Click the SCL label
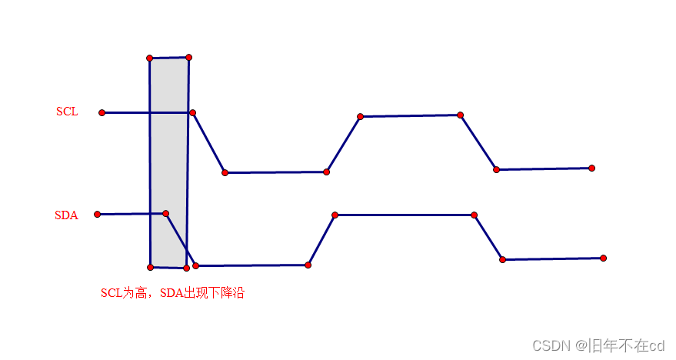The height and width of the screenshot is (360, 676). tap(67, 112)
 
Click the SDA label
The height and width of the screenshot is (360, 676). tap(66, 215)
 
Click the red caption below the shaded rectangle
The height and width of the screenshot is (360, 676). tap(172, 293)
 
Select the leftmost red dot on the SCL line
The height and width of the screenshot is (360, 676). tap(102, 112)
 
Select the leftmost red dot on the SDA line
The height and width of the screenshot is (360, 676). tap(97, 215)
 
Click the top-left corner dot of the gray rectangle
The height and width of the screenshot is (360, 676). tap(150, 58)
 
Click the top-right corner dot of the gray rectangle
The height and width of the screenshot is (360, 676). tap(188, 57)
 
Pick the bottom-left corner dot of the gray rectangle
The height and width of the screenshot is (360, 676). tap(150, 267)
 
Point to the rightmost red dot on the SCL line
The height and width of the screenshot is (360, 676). tap(591, 168)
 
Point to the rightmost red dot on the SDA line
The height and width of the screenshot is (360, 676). tap(603, 258)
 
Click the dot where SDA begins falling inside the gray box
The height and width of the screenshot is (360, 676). tap(165, 213)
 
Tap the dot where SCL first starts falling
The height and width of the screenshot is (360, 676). tap(193, 113)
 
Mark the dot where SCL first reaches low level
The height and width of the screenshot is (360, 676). tap(225, 172)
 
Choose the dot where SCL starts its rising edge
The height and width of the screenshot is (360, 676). tap(326, 172)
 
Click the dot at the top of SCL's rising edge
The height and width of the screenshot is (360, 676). tap(360, 116)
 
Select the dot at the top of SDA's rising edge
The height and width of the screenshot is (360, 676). tap(335, 215)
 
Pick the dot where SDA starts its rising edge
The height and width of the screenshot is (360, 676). tap(308, 265)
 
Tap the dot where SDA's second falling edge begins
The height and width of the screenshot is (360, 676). tap(474, 215)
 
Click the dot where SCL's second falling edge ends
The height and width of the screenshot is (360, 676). tap(496, 169)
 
